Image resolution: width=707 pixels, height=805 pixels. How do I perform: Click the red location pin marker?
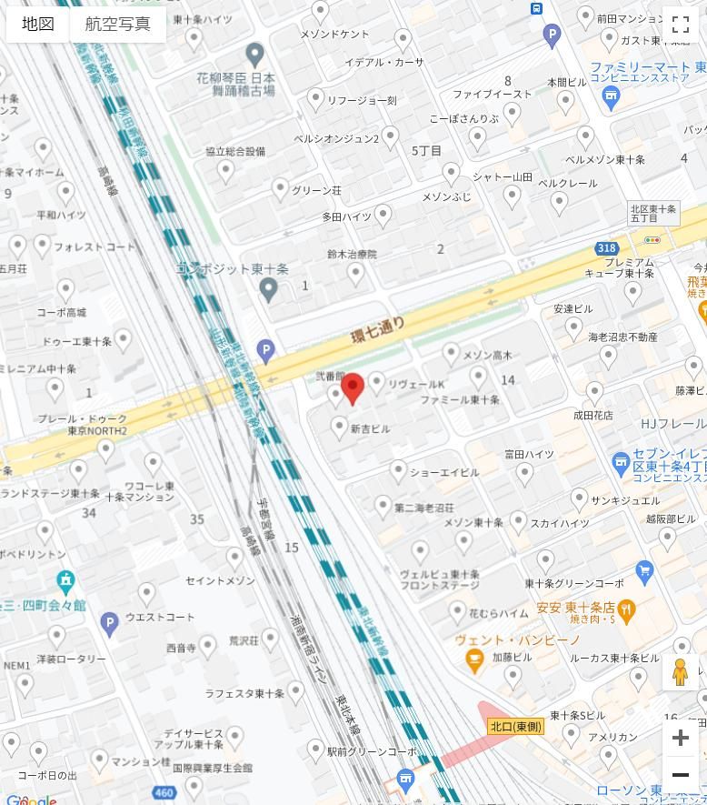[x=353, y=387]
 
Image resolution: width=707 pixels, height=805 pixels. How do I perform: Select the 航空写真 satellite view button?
[x=117, y=25]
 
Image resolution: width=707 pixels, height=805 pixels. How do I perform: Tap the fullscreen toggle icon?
[x=680, y=25]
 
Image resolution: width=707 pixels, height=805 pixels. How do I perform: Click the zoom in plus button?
[x=680, y=738]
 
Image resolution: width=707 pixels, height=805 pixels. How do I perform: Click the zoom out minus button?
[x=680, y=775]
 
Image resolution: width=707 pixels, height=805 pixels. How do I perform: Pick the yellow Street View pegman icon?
[x=680, y=672]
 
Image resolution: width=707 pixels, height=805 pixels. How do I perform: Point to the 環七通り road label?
[x=377, y=329]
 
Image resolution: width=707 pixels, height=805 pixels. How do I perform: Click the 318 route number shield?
[x=606, y=248]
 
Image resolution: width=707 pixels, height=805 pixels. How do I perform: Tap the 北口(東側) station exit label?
[x=515, y=726]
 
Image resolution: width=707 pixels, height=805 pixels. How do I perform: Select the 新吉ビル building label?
[x=370, y=428]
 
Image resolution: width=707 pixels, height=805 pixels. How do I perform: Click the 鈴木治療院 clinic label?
[x=352, y=256]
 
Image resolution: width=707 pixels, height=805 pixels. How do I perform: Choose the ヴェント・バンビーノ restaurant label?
[x=517, y=640]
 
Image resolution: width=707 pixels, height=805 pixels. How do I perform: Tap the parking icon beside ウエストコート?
[x=109, y=623]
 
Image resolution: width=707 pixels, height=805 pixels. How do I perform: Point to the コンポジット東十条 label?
[x=232, y=269]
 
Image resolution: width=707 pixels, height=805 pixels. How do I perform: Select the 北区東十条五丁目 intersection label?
[x=654, y=214]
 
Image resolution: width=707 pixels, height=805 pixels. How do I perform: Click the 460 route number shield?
[x=164, y=793]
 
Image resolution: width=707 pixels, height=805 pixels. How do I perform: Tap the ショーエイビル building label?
[x=443, y=473]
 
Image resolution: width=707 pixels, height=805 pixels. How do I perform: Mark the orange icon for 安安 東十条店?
[x=625, y=608]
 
